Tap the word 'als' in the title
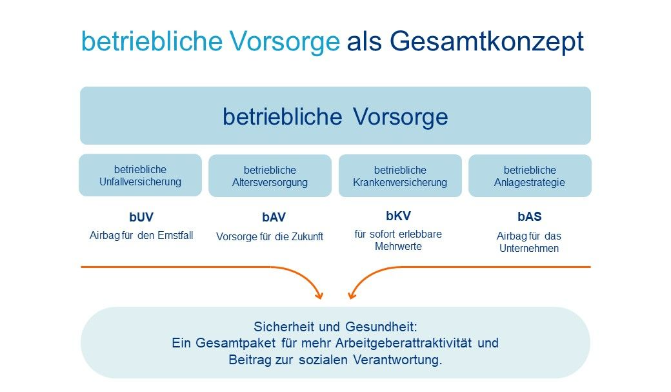[364, 41]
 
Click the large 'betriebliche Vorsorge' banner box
[335, 116]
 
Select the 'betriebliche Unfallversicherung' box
[141, 175]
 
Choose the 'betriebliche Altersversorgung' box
[270, 176]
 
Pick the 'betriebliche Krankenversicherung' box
[400, 176]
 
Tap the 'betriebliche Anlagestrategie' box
[530, 176]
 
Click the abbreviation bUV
[141, 217]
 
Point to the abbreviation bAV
[274, 217]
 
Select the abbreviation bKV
[399, 216]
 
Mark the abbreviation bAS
[530, 217]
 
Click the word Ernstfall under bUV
[175, 235]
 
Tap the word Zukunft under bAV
[307, 236]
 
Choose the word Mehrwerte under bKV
[399, 246]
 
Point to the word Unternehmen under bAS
[529, 249]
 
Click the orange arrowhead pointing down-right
[319, 295]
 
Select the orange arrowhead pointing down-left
[352, 295]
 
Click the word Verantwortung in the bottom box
[397, 360]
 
